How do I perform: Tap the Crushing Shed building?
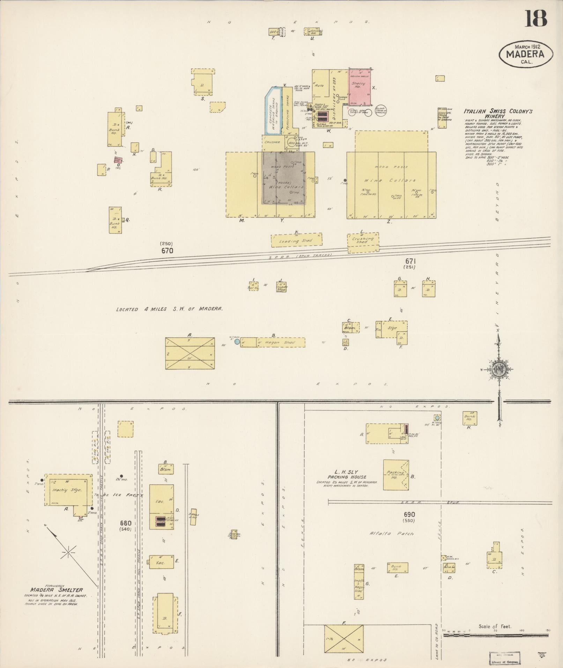click(x=363, y=242)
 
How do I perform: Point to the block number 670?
click(x=167, y=250)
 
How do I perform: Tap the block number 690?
click(x=409, y=514)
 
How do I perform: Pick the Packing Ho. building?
click(x=395, y=475)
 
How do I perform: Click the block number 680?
click(x=125, y=523)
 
